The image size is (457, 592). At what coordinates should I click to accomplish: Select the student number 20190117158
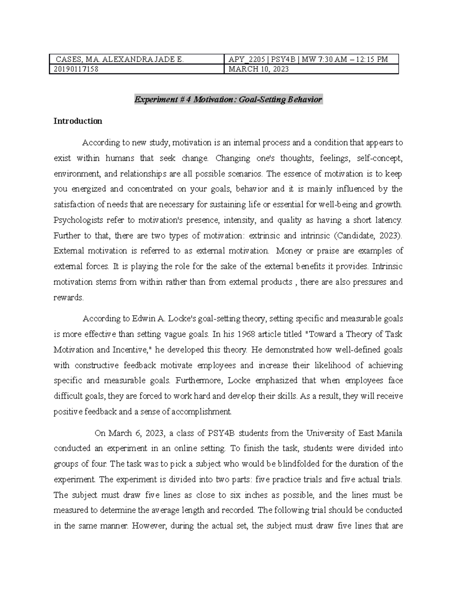pos(77,69)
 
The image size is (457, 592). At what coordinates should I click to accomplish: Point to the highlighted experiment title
pos(228,100)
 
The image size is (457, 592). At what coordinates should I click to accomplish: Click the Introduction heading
pos(78,121)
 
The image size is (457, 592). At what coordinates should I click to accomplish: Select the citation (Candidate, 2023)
pos(368,236)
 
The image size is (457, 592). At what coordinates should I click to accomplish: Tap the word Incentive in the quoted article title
pos(136,350)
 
